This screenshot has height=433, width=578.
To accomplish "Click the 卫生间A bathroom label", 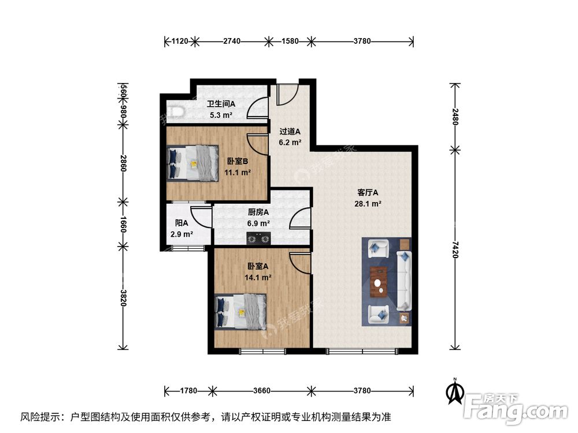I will tap(221, 104).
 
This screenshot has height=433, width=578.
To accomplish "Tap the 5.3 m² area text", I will tap(221, 115).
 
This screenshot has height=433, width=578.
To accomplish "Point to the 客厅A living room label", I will tap(367, 193).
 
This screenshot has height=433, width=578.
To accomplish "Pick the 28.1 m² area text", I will tap(367, 203).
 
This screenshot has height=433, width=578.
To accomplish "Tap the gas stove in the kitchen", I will tap(258, 237).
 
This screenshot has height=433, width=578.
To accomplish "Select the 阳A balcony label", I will tap(181, 223).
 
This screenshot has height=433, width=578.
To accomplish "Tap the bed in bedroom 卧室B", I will tap(192, 163).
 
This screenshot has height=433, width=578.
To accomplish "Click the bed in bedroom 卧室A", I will tap(240, 311).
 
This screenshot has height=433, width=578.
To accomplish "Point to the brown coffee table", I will tap(379, 282).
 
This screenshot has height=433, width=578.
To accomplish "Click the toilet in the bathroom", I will tap(173, 111).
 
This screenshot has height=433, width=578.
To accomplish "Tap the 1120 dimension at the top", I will tap(181, 41).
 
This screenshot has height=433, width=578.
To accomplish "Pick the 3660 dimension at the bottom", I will tap(262, 391).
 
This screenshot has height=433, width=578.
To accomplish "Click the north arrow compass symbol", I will tap(455, 392).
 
